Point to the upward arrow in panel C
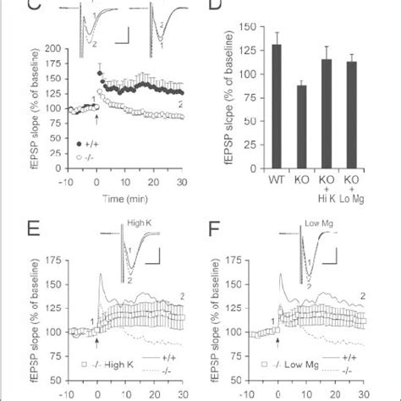96,119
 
